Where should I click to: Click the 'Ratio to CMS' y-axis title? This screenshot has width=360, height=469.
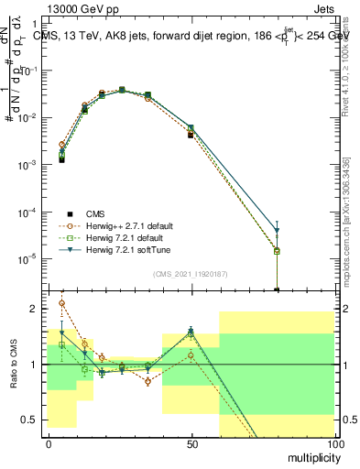click(x=14, y=365)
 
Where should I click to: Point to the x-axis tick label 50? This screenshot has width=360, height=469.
click(x=191, y=442)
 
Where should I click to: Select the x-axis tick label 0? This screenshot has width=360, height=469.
click(x=49, y=442)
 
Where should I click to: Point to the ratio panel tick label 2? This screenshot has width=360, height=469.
click(x=36, y=309)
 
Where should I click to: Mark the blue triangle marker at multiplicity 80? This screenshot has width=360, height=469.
click(x=278, y=231)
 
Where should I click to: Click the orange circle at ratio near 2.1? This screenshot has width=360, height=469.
click(x=61, y=302)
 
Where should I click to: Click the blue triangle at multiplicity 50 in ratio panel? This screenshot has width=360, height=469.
click(x=191, y=332)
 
